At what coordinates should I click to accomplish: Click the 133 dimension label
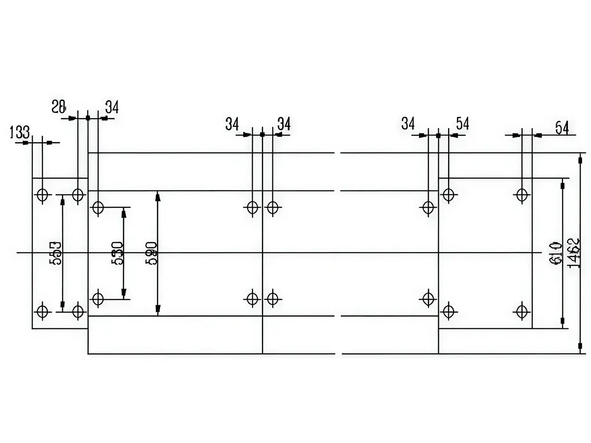point(20,132)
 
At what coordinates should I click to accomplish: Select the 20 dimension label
point(59,106)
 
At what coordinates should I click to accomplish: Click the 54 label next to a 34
point(462,124)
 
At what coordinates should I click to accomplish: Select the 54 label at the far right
point(562,128)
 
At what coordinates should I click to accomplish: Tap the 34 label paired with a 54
point(408,124)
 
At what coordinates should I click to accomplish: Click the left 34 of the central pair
point(232,124)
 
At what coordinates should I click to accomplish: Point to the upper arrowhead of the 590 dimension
point(158,196)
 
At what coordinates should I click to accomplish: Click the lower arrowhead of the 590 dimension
point(158,310)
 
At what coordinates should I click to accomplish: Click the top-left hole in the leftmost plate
point(42,194)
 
